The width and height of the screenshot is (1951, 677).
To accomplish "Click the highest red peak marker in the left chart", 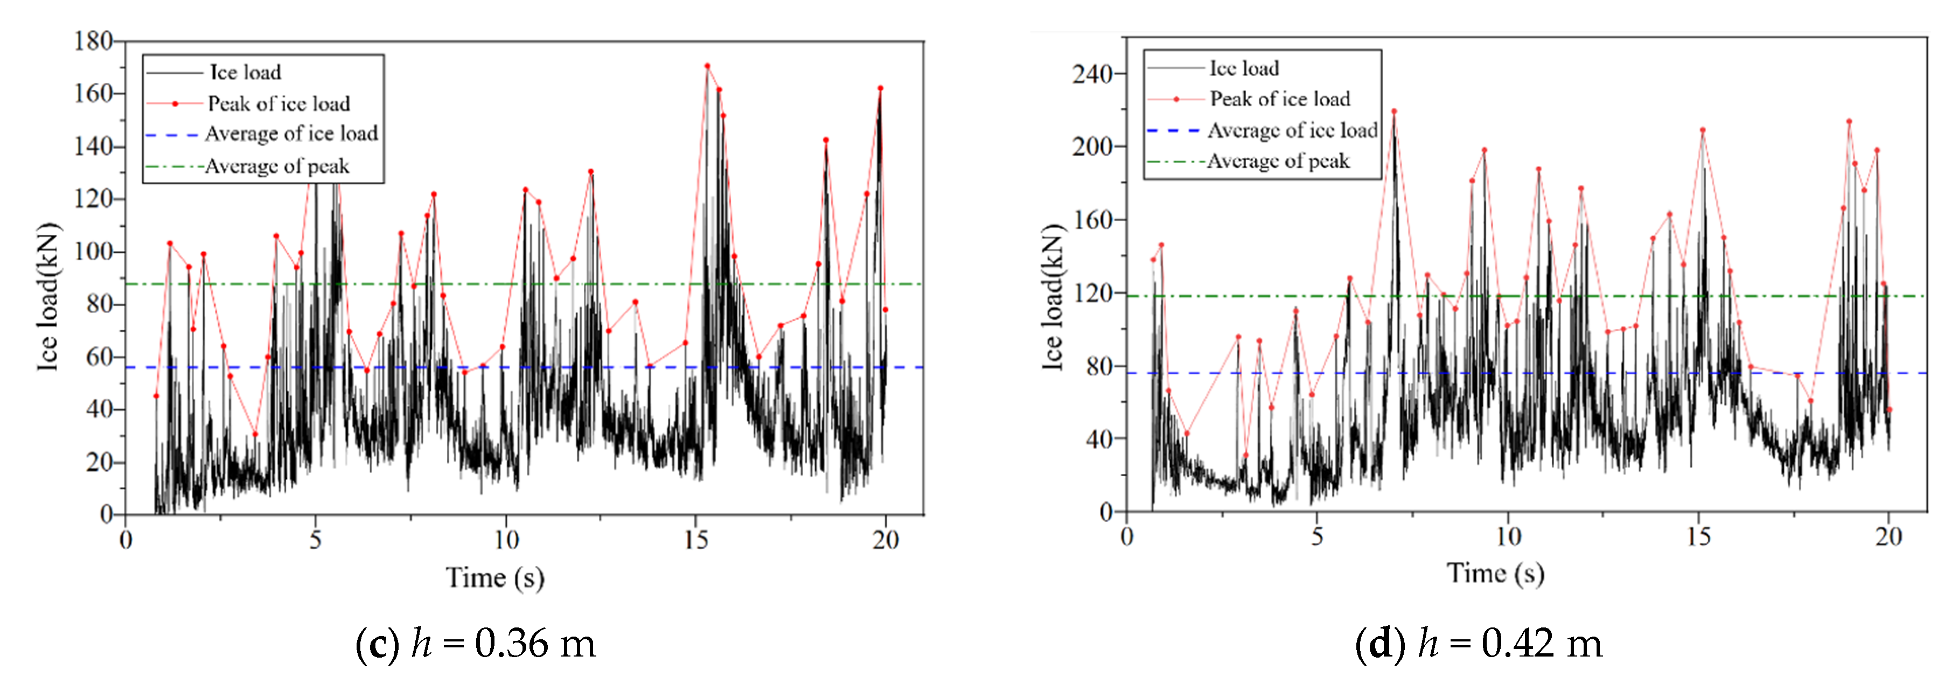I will [707, 66].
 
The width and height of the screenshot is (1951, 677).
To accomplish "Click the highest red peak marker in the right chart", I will [1393, 111].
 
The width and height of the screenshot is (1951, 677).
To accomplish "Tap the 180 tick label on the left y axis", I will [93, 41].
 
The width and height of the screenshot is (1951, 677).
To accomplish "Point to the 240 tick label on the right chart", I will [1091, 74].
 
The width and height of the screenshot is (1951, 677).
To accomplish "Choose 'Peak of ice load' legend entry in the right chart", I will [1279, 99].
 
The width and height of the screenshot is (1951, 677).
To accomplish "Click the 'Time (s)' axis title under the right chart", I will [1495, 573].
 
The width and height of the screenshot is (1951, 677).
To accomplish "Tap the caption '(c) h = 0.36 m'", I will [476, 643].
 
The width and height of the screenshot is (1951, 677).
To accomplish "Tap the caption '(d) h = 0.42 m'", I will [1479, 643].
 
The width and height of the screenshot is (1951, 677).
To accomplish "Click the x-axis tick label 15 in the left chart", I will [695, 540].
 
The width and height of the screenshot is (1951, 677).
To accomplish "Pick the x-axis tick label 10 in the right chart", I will [1508, 537].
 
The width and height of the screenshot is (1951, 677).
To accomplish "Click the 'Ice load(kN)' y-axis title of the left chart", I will [47, 296].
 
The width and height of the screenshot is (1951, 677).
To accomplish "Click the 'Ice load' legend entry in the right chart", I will [1244, 68].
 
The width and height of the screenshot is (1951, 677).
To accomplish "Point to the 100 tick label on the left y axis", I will [93, 252].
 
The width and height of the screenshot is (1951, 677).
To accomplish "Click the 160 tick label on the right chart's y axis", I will [1091, 220].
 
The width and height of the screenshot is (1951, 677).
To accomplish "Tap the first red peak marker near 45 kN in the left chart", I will [156, 396].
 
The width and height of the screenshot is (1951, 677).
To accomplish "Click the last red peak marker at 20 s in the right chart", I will [1889, 410].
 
